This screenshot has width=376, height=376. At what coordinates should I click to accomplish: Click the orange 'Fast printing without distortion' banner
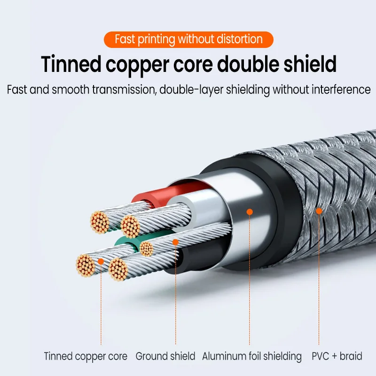(x=188, y=39)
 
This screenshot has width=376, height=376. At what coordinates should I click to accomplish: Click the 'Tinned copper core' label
(x=86, y=356)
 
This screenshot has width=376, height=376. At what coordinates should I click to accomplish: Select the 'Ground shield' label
(x=165, y=356)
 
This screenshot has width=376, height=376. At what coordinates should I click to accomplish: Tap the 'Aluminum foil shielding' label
(x=252, y=356)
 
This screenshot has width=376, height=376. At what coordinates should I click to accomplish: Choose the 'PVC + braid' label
(x=337, y=356)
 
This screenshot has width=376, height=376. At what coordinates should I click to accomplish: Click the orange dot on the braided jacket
(x=319, y=211)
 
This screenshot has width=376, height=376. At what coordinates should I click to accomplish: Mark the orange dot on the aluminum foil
(x=250, y=212)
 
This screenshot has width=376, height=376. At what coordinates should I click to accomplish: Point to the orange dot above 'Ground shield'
(x=175, y=243)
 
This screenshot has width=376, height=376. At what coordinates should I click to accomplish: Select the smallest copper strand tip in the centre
(x=147, y=249)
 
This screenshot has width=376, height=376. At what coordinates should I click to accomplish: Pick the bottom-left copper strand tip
(x=86, y=265)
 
